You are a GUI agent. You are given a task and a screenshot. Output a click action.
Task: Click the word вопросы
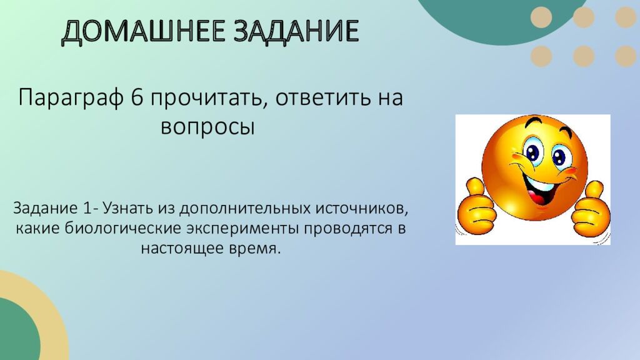pyautogui.click(x=208, y=127)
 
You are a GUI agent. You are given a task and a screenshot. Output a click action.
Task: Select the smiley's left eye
pyautogui.click(x=532, y=153)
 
